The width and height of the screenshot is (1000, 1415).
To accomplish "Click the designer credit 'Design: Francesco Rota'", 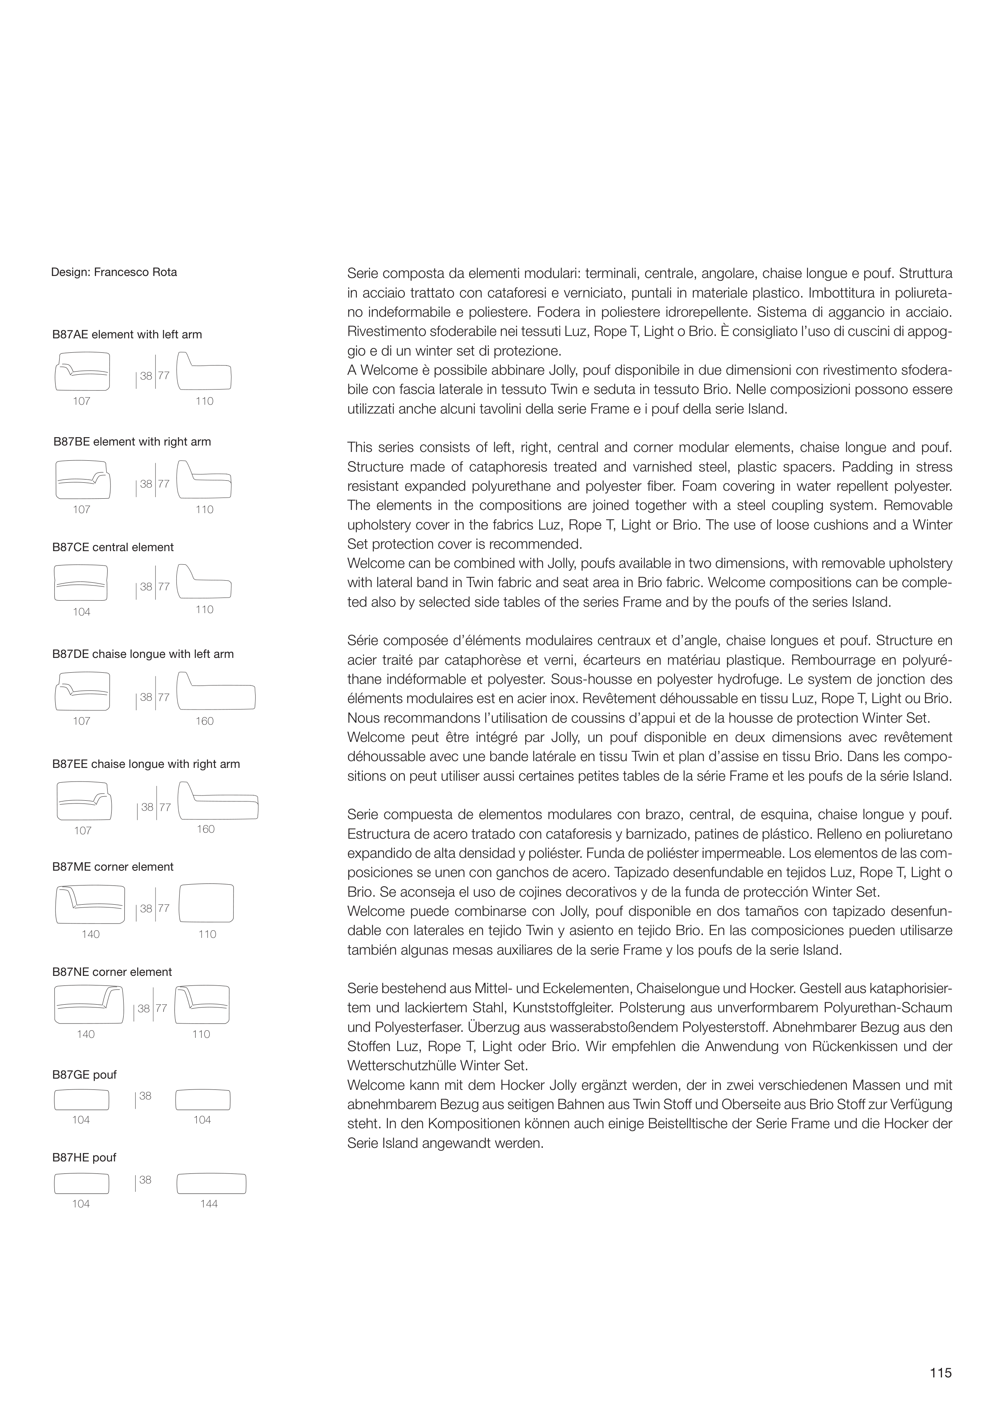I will (x=114, y=272).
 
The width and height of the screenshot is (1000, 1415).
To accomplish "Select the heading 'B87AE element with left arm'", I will (x=127, y=335).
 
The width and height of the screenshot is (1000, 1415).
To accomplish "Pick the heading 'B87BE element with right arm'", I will (x=132, y=442).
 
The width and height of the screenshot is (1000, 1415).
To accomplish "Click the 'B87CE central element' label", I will (x=113, y=547).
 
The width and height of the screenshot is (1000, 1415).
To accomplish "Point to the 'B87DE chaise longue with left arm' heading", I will (x=143, y=654).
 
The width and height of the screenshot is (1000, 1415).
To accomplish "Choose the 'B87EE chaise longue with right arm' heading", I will (x=146, y=764).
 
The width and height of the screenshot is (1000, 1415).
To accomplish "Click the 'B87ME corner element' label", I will (x=113, y=867).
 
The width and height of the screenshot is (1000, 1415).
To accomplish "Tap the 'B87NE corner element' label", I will (x=112, y=972).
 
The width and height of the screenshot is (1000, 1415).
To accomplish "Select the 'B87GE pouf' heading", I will (x=84, y=1075).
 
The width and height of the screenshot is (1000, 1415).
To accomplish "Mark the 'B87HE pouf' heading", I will (x=84, y=1157).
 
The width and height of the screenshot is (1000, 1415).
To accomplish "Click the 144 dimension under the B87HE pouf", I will (x=209, y=1203).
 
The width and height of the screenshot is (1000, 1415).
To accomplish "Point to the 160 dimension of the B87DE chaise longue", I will (x=205, y=721).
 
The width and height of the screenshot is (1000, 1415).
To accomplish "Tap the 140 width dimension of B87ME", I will (x=91, y=934).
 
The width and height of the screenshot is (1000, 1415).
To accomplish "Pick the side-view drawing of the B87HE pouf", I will (x=212, y=1184).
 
